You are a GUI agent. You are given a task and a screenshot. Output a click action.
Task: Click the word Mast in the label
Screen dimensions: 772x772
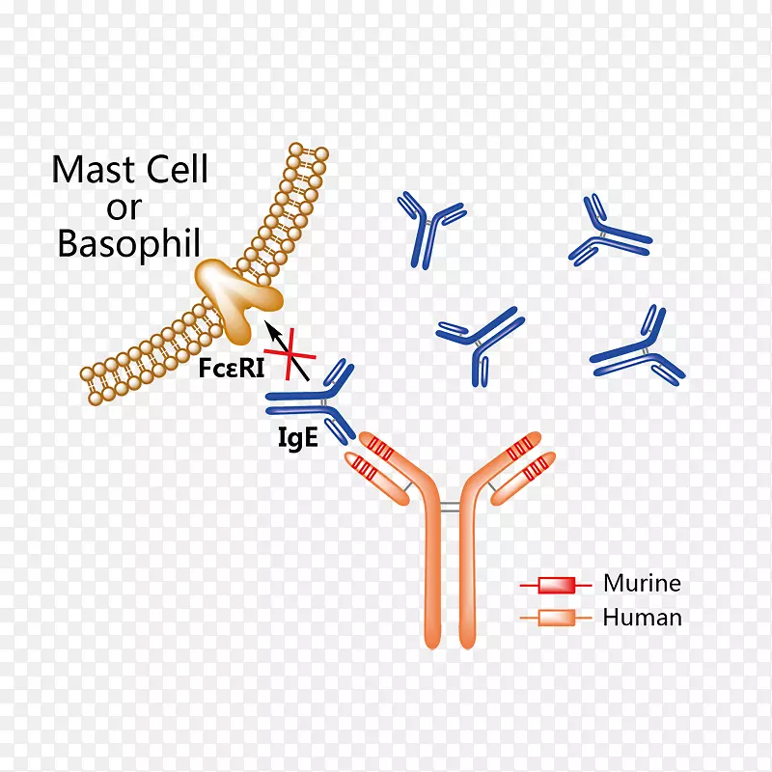pyautogui.click(x=95, y=170)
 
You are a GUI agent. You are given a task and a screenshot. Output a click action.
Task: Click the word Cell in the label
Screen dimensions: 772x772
pyautogui.click(x=174, y=170)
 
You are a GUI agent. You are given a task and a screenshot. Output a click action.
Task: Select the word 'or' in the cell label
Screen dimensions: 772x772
pyautogui.click(x=124, y=207)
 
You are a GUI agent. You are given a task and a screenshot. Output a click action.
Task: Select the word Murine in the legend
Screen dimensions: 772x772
pyautogui.click(x=642, y=583)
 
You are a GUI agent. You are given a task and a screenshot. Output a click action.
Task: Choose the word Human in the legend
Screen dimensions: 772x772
pyautogui.click(x=642, y=618)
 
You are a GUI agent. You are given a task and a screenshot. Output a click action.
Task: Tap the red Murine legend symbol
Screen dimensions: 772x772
pyautogui.click(x=556, y=585)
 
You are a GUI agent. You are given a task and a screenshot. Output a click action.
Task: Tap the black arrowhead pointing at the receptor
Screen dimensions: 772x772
pyautogui.click(x=271, y=330)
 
